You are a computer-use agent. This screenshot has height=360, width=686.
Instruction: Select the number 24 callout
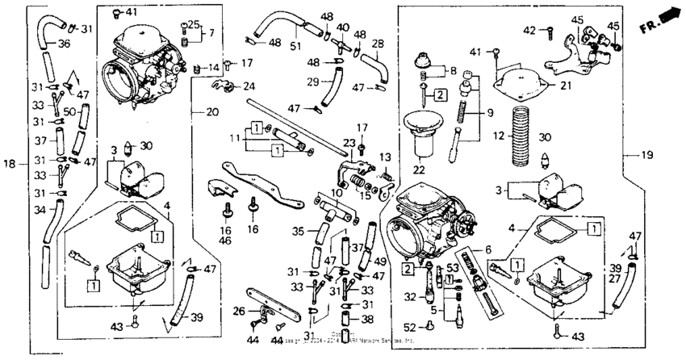tap(249, 86)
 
